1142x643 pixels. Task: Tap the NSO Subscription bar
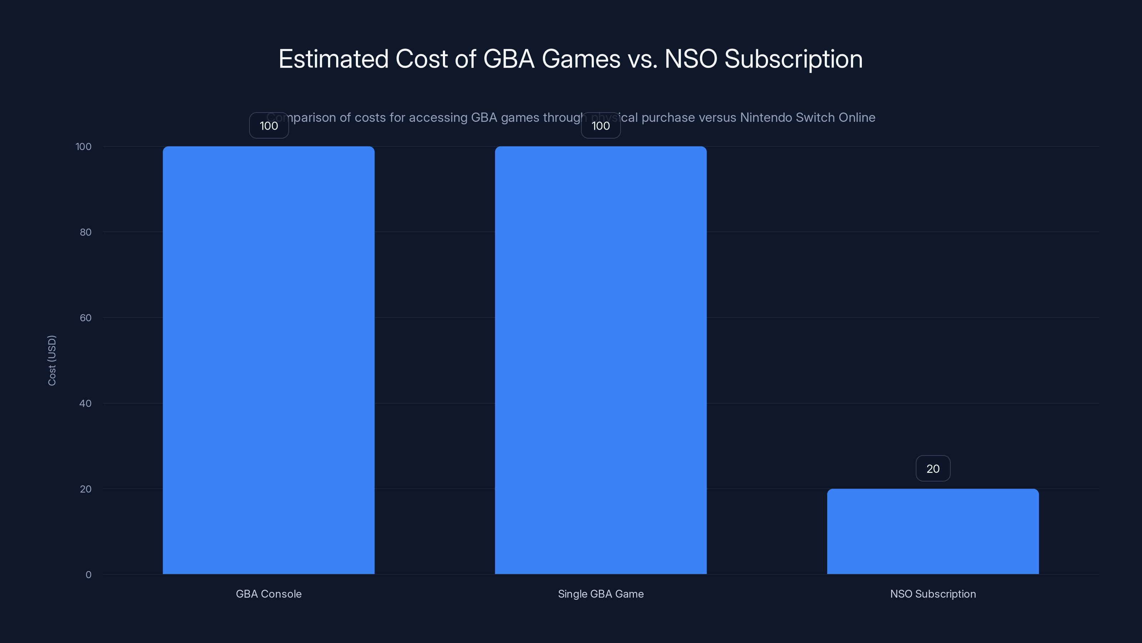(x=933, y=531)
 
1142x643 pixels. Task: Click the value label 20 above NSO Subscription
(x=933, y=469)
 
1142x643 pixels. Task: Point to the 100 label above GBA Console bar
(x=269, y=126)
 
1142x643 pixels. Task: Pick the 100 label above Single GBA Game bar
(x=601, y=126)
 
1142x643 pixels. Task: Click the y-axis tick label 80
(x=86, y=232)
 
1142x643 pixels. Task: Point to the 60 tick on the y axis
(x=86, y=318)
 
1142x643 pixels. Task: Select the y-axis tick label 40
(x=86, y=403)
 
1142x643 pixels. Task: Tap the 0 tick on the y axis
(x=88, y=575)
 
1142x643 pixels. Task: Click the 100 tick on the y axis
(x=84, y=146)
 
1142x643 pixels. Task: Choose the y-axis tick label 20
(x=86, y=489)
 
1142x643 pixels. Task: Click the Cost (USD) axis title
(x=52, y=360)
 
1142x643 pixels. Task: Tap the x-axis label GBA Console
(x=269, y=594)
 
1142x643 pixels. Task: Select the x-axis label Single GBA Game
(x=601, y=594)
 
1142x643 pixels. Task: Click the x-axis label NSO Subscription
(x=933, y=594)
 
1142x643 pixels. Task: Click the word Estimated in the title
(x=333, y=59)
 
